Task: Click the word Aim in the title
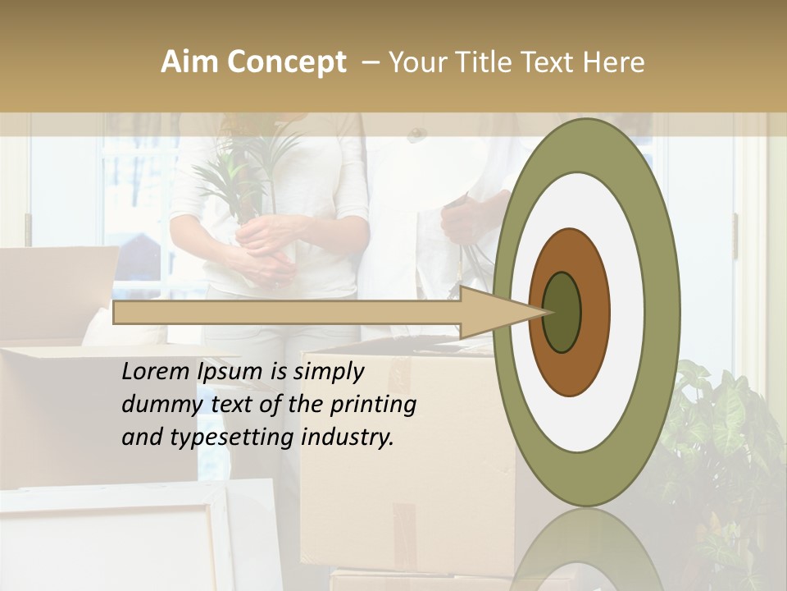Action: tap(190, 62)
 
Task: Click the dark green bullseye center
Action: tap(562, 312)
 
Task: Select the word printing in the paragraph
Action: tap(373, 405)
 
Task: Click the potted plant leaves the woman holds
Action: tap(246, 164)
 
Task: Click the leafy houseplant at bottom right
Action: tap(721, 443)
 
